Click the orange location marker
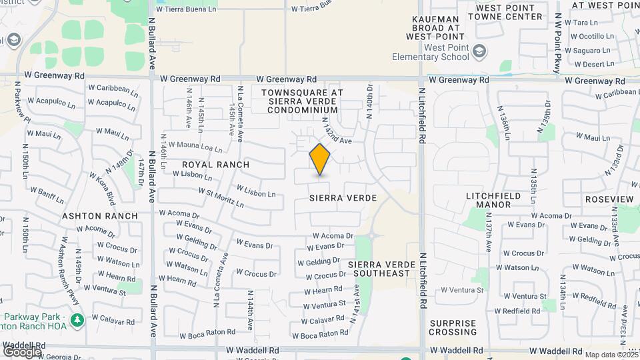320,159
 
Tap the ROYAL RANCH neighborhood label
216,165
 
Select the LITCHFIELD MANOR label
489,199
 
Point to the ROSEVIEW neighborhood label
609,199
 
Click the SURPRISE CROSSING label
453,327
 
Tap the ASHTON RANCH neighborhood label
100,216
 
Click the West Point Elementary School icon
479,51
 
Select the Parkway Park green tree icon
78,320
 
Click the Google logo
22,351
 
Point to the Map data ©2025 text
610,355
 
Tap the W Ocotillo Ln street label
587,36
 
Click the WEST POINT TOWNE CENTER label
509,11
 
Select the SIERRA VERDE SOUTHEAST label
381,269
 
